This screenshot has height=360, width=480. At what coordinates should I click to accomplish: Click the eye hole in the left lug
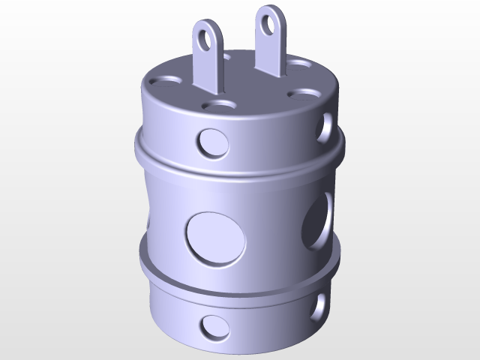point(208,34)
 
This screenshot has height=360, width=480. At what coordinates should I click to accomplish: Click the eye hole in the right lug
point(268,22)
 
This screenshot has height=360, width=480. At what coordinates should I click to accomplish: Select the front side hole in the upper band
point(213,142)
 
